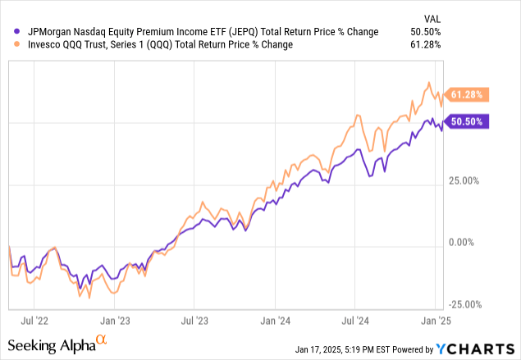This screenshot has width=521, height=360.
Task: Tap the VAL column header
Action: coord(431,17)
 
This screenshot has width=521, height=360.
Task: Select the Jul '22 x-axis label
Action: coord(37,322)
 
